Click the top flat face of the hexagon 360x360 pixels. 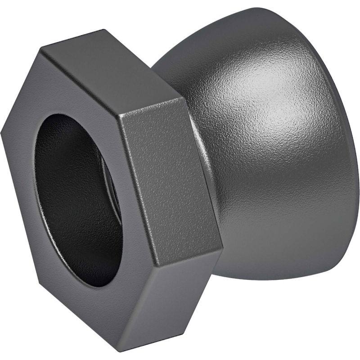pos(112,72)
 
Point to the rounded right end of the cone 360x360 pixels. pos(346,148)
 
